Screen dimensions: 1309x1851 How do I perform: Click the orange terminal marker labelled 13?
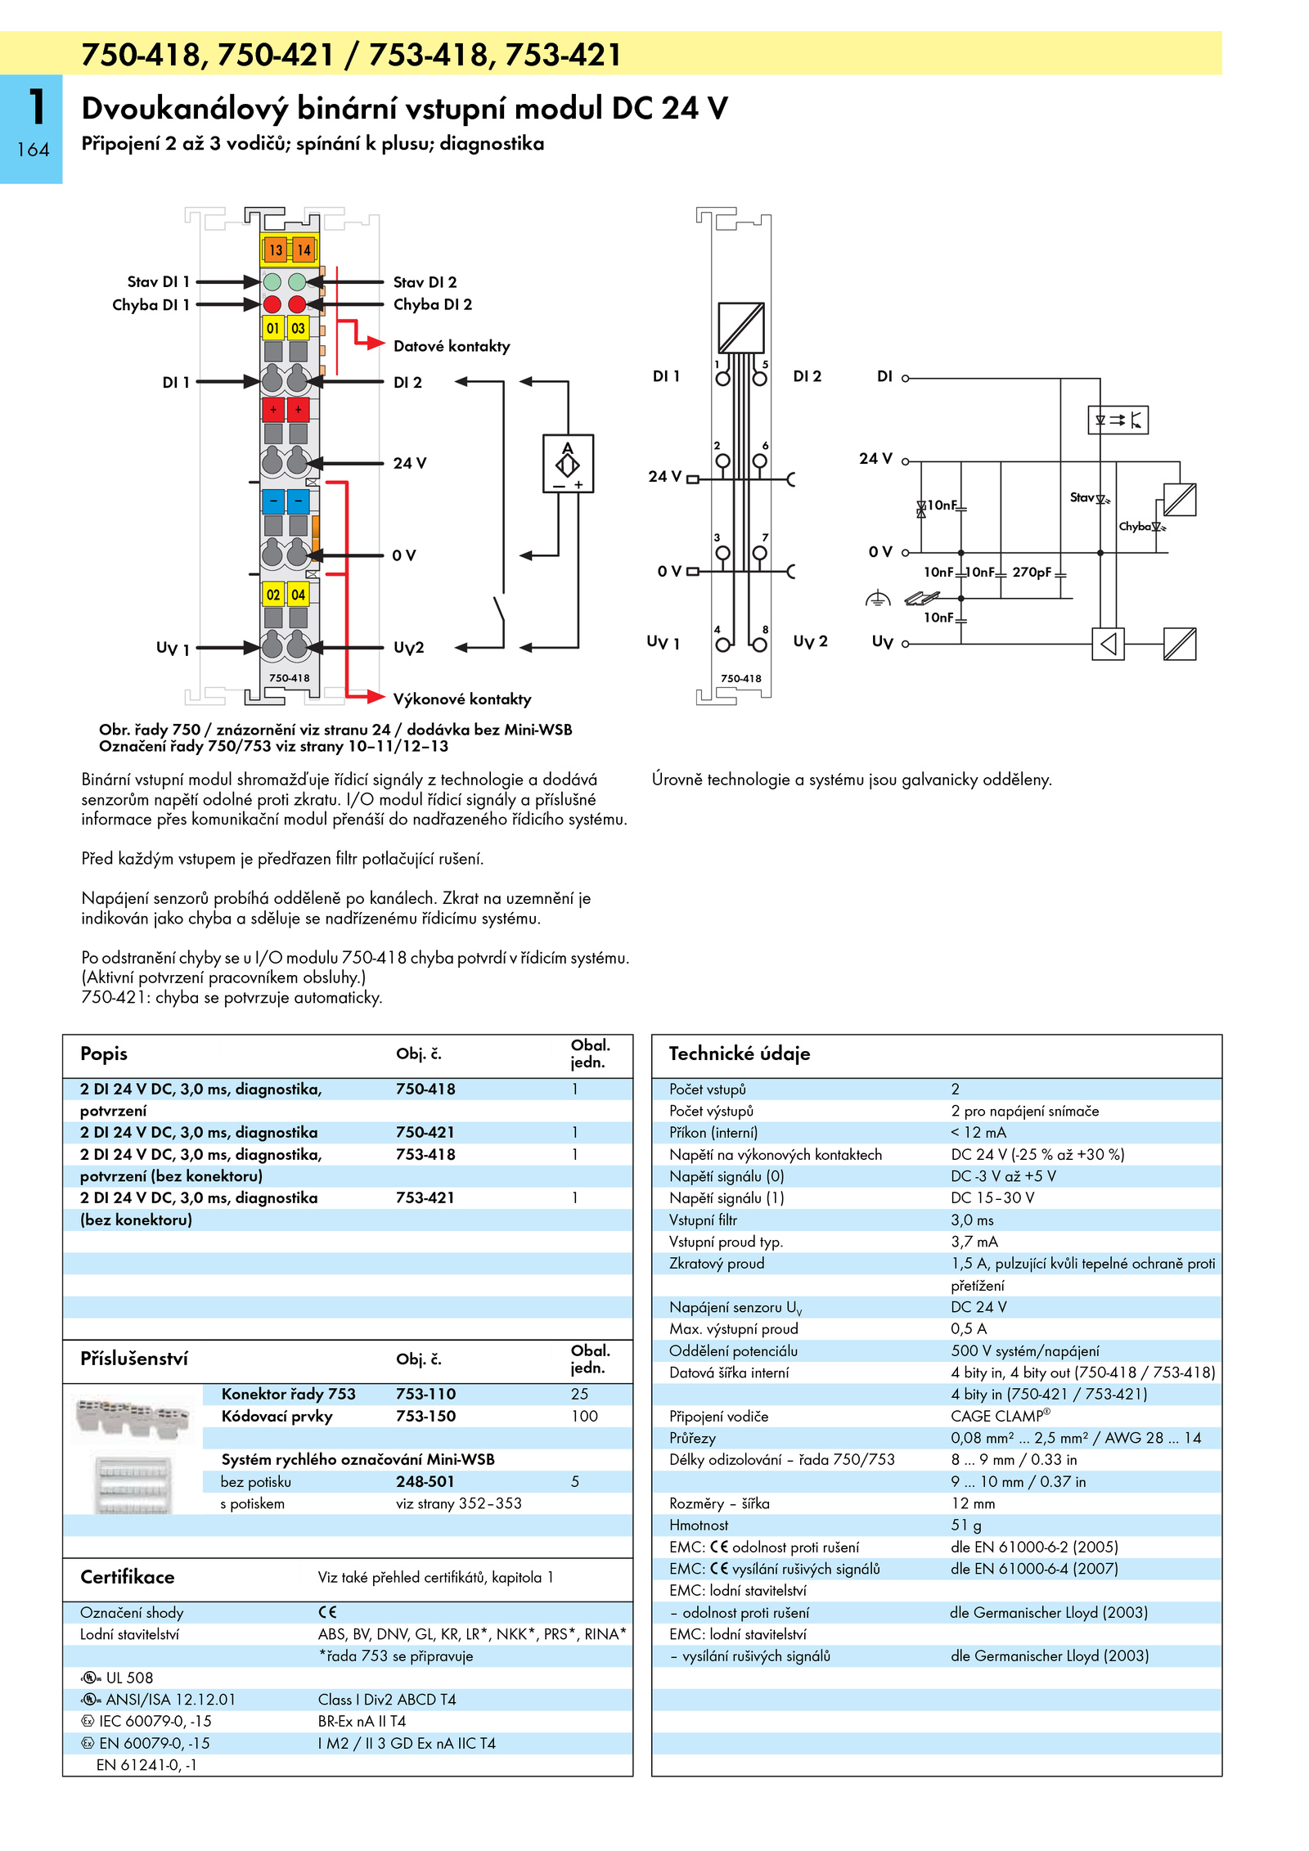[x=276, y=250]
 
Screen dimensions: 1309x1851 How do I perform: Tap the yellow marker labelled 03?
[x=298, y=328]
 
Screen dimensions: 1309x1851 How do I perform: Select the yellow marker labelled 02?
[x=273, y=595]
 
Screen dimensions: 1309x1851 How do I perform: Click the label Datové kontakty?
[x=452, y=346]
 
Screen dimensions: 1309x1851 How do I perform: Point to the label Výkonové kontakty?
[x=462, y=699]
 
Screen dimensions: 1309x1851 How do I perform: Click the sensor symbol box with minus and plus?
[x=568, y=464]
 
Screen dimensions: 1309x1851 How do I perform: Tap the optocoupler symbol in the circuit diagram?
[x=1118, y=420]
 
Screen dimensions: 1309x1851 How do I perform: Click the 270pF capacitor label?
[x=1032, y=572]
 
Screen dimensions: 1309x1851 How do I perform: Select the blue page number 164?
[x=33, y=150]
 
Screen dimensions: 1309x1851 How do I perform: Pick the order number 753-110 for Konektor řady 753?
[x=425, y=1394]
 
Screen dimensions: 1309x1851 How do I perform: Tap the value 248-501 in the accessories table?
[x=425, y=1481]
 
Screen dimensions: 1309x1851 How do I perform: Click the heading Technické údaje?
[x=740, y=1054]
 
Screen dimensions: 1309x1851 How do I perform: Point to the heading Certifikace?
[x=128, y=1577]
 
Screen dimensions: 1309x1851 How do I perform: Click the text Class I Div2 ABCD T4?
[x=387, y=1700]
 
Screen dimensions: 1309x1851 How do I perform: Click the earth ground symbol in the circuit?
[x=878, y=599]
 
